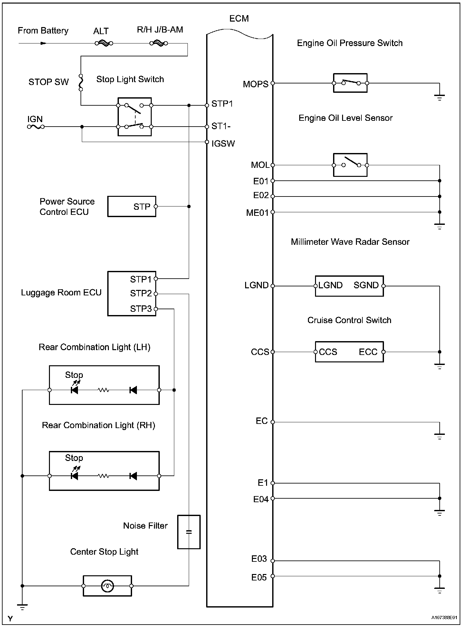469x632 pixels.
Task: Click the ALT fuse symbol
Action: click(104, 43)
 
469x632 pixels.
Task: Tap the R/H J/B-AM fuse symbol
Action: click(158, 43)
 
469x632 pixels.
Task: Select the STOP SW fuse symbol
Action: click(81, 82)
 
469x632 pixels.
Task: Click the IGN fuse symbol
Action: click(35, 127)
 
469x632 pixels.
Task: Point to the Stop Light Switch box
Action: click(134, 116)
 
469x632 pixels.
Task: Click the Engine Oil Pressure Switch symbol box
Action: click(350, 83)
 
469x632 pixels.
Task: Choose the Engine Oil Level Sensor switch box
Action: click(350, 165)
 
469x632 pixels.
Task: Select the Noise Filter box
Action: click(189, 532)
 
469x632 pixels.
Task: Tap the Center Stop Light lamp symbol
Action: click(107, 586)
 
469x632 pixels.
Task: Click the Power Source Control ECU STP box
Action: click(132, 206)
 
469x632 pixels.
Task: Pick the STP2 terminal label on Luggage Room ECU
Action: click(141, 293)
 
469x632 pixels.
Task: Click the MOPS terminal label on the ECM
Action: click(255, 84)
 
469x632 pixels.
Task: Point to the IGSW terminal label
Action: click(223, 144)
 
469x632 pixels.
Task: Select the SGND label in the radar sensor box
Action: click(366, 285)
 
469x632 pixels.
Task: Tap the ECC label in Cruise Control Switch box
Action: click(368, 352)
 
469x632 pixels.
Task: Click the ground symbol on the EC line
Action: click(439, 436)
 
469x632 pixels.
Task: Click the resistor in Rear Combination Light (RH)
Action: click(103, 476)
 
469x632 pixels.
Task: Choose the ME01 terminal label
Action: click(257, 213)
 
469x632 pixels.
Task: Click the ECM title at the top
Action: click(239, 19)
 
